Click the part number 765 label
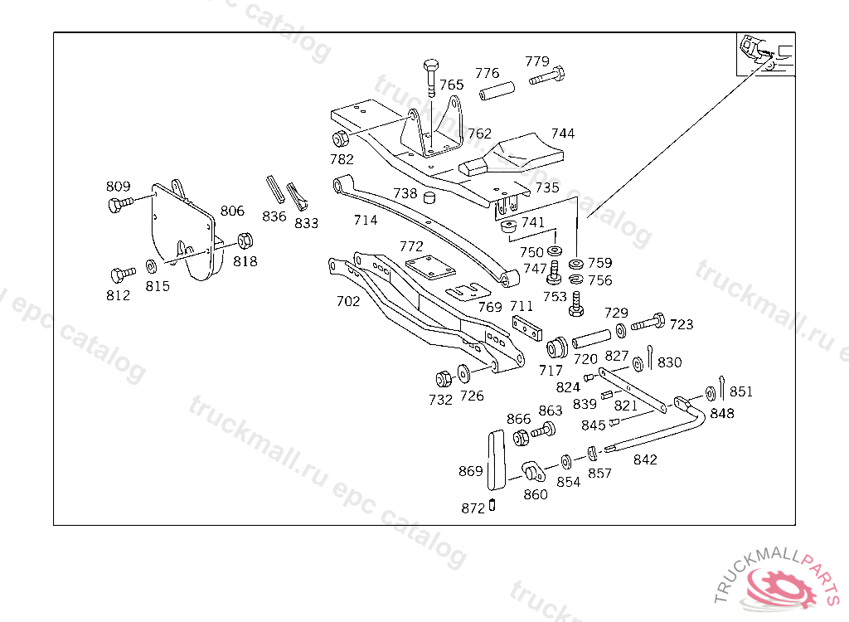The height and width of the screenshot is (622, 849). [x=452, y=85]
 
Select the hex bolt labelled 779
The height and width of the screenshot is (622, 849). [x=547, y=75]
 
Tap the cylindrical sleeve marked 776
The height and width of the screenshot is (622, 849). [x=496, y=90]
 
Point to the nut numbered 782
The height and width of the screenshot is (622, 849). [x=341, y=138]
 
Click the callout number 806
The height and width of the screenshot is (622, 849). [x=232, y=211]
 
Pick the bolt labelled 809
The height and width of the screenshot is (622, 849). [x=121, y=204]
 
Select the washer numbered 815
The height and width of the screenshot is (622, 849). [x=151, y=266]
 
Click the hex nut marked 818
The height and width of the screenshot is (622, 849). [x=245, y=240]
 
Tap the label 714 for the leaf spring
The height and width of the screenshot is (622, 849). [x=366, y=220]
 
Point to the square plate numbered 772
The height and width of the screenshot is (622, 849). [x=430, y=267]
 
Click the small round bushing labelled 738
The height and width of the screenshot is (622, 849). [x=429, y=197]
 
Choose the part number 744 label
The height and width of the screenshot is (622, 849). [x=563, y=134]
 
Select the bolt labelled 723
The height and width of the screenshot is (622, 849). [x=648, y=323]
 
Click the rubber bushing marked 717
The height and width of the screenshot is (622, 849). [x=556, y=347]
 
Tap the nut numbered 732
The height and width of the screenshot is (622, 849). [x=444, y=378]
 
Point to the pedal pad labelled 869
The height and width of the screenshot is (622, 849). [x=496, y=459]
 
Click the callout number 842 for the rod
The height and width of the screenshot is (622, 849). [x=645, y=459]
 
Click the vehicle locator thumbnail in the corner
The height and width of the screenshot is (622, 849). [x=765, y=54]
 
